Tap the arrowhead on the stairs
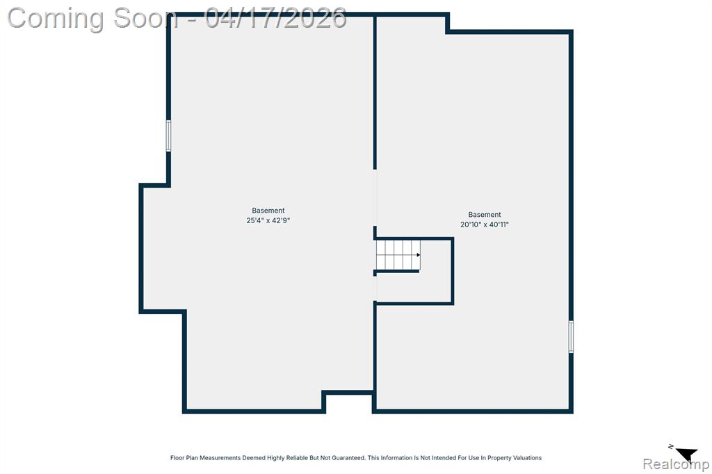[418, 254]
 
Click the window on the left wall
[168, 136]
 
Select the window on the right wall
[571, 336]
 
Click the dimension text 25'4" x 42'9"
[268, 220]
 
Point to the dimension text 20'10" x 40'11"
[485, 224]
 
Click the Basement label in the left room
[268, 210]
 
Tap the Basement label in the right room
[485, 214]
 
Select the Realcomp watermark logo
[676, 464]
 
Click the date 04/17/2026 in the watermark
[275, 18]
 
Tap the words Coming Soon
[92, 19]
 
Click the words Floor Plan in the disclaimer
[183, 457]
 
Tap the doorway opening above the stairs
[375, 197]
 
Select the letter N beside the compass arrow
[671, 447]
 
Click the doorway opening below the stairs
[375, 288]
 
